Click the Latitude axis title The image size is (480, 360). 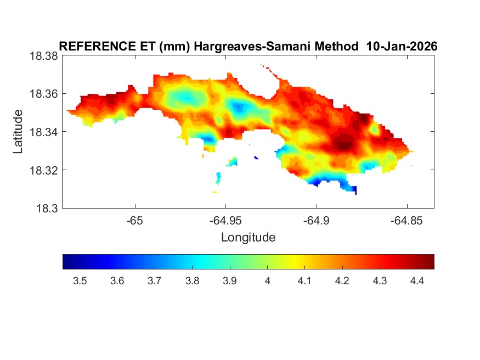coord(18,131)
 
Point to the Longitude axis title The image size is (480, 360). coord(248,237)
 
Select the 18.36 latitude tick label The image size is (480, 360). coord(43,94)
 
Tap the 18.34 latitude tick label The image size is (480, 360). coord(43,132)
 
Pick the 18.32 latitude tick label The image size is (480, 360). coord(43,170)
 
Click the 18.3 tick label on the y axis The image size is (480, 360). coord(46,208)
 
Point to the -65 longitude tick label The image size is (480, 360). coord(135,221)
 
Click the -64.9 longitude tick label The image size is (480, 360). coord(316,221)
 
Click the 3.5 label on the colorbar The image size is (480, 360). coord(80,282)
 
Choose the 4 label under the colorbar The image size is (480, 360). coord(267,282)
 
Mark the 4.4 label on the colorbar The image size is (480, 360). coord(417,282)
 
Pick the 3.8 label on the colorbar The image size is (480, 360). coord(192,282)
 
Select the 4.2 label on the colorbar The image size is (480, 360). coord(342,282)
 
